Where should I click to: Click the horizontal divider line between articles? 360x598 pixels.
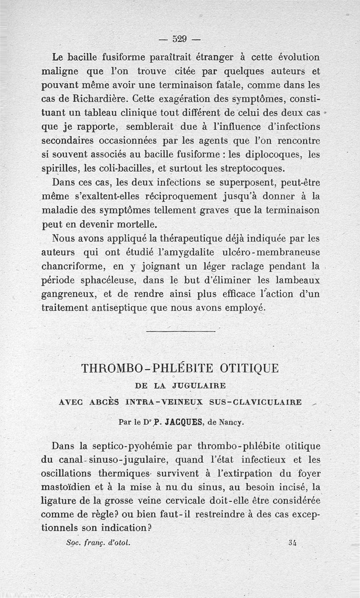point(180,332)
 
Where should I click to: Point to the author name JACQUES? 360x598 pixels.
point(172,421)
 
